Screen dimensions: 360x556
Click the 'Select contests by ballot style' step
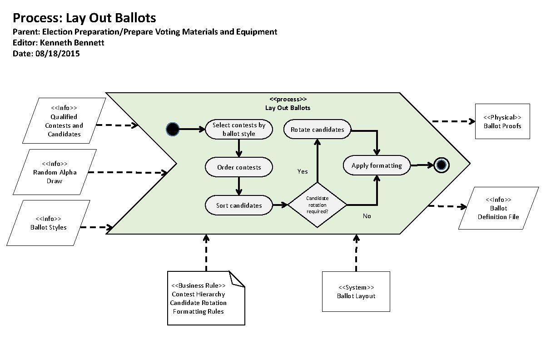coord(239,130)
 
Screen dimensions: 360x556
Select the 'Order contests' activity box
coord(239,167)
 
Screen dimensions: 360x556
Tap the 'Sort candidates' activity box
coord(239,205)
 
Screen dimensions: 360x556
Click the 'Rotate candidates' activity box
coord(318,130)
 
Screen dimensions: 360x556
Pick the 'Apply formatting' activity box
coord(377,165)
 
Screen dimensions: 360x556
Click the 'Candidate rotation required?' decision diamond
coord(318,205)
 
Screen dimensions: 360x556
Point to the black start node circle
coord(172,130)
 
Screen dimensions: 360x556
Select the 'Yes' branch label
coord(303,171)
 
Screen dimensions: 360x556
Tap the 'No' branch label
coord(367,216)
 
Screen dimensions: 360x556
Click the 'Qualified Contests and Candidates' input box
coord(64,121)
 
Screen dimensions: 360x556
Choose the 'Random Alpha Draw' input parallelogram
coord(55,172)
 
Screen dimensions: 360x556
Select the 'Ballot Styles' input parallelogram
coord(49,223)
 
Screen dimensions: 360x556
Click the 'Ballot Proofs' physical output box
coord(502,121)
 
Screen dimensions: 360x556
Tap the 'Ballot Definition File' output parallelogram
coord(498,208)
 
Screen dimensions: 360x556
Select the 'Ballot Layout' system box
coord(356,291)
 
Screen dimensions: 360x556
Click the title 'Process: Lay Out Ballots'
coord(84,18)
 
